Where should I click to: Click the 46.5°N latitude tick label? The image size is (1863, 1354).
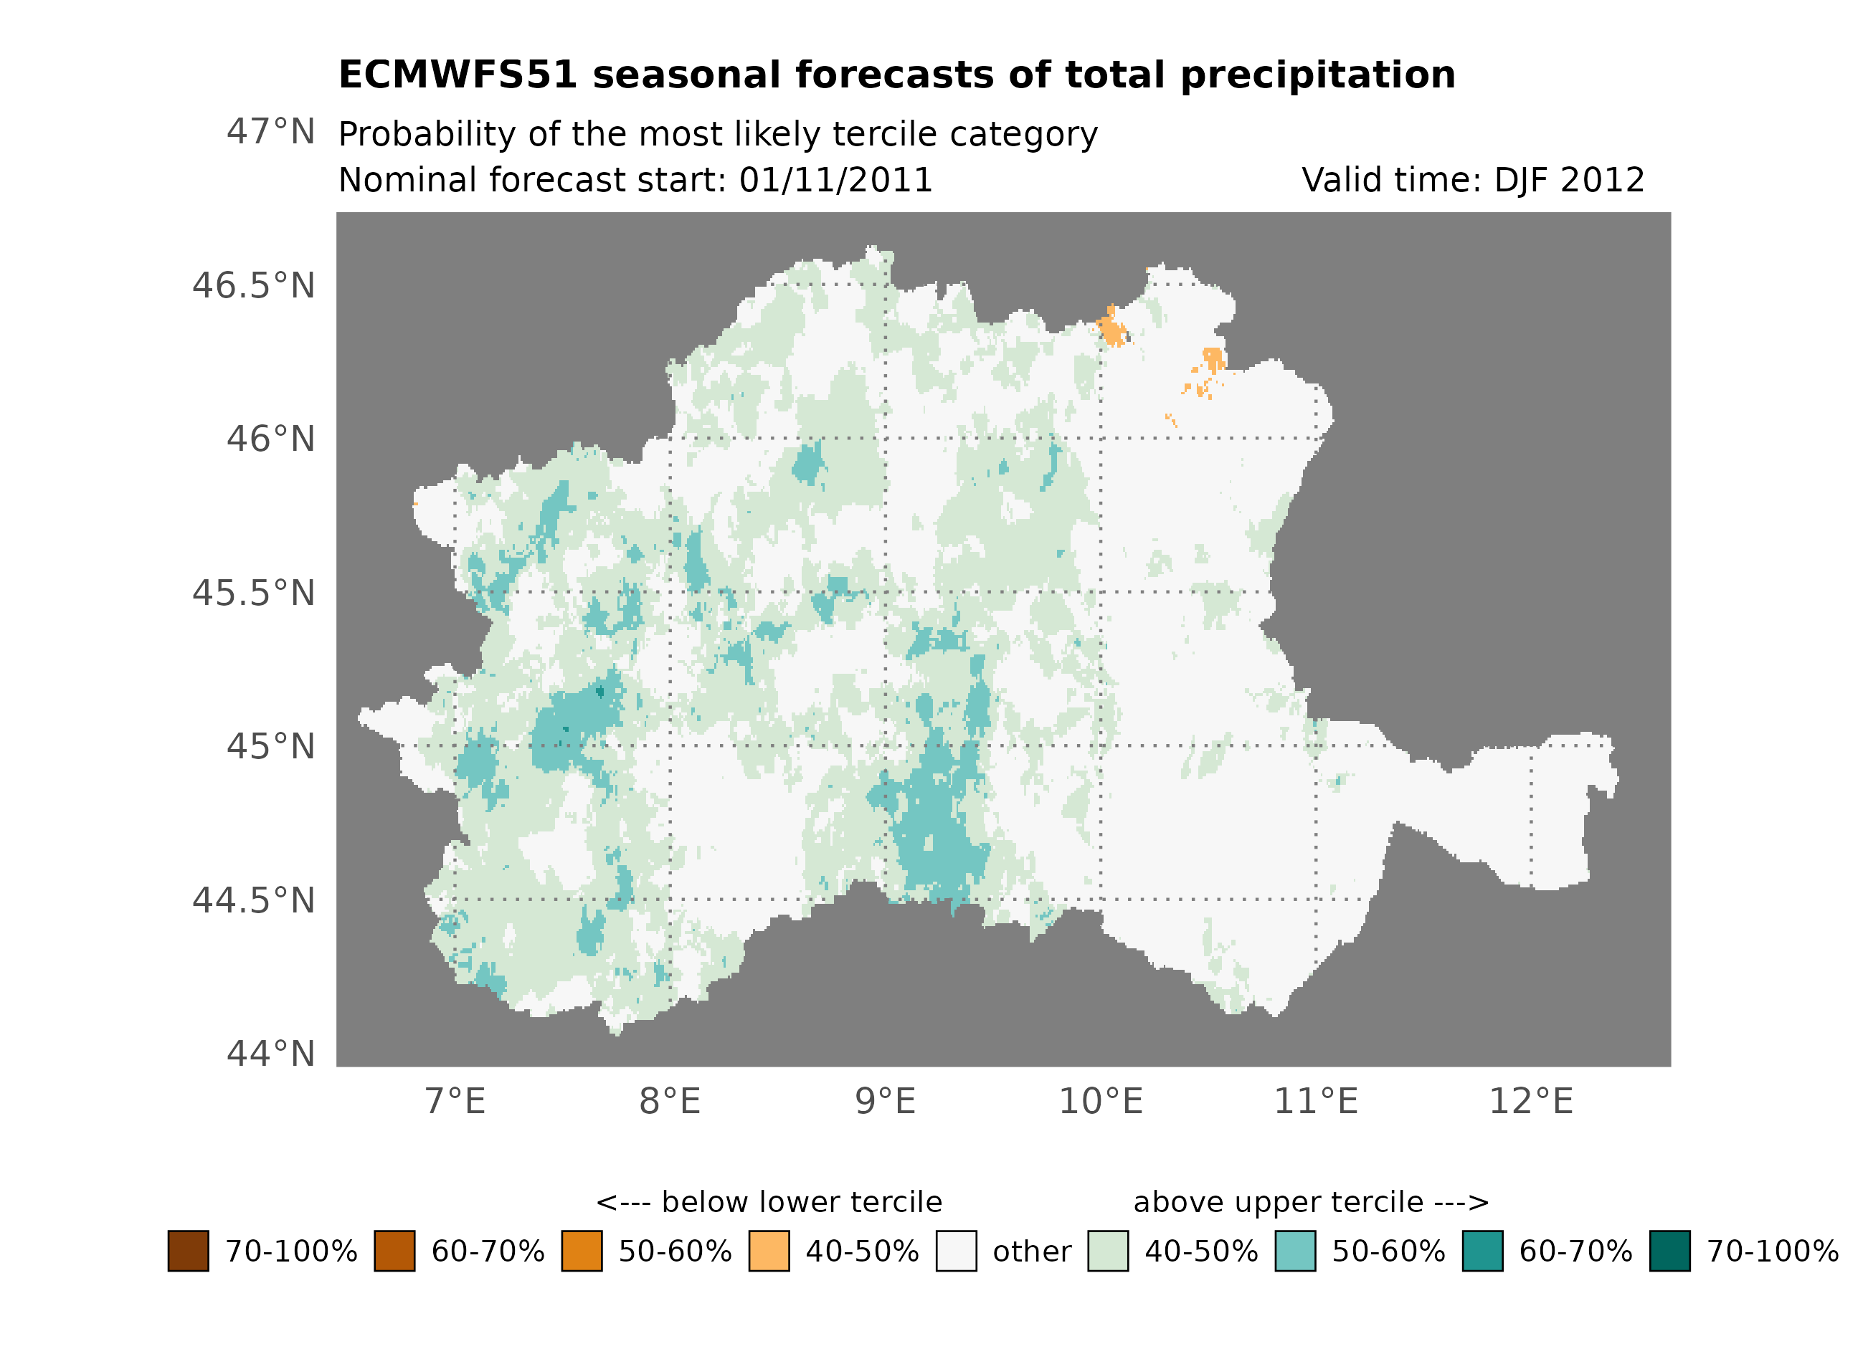[x=253, y=287]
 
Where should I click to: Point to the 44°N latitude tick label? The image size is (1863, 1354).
[x=270, y=1054]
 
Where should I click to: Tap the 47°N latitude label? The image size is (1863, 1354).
[x=270, y=132]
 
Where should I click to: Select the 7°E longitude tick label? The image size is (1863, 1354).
[x=455, y=1102]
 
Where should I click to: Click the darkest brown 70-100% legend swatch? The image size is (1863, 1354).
[x=188, y=1252]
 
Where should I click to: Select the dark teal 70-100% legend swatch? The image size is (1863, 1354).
[x=1669, y=1252]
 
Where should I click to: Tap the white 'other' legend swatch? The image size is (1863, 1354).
[x=956, y=1252]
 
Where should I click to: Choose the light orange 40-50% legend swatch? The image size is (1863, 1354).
[x=769, y=1252]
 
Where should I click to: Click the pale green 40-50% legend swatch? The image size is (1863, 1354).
[x=1107, y=1252]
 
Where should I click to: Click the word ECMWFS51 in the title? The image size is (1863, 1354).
[x=458, y=75]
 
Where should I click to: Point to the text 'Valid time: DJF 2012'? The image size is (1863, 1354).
[x=1473, y=181]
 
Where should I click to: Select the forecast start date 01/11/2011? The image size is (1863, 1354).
[x=835, y=181]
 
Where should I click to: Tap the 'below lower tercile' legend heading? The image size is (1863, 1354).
[x=769, y=1202]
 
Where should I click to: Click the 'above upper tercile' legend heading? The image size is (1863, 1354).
[x=1311, y=1202]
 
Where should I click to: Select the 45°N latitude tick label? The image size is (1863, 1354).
[x=270, y=747]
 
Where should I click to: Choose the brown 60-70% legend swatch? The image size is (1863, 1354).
[x=394, y=1252]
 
